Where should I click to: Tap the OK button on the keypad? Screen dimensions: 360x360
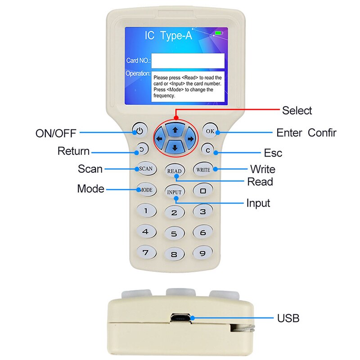click(x=210, y=131)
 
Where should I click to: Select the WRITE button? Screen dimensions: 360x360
click(x=202, y=170)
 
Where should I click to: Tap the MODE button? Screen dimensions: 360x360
click(x=145, y=189)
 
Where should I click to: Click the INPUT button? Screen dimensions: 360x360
click(x=174, y=192)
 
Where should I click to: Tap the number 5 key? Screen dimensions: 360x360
click(x=174, y=233)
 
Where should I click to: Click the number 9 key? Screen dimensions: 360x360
click(x=202, y=253)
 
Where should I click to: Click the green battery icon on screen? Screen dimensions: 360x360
click(x=219, y=33)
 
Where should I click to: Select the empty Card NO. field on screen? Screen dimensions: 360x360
click(x=188, y=60)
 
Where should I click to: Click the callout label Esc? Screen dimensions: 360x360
click(x=273, y=153)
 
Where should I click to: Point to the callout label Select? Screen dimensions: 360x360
click(x=297, y=110)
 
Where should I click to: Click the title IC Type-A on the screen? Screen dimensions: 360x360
click(x=168, y=36)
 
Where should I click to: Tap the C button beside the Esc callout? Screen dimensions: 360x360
click(x=208, y=150)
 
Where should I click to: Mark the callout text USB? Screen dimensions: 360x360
click(x=288, y=319)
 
